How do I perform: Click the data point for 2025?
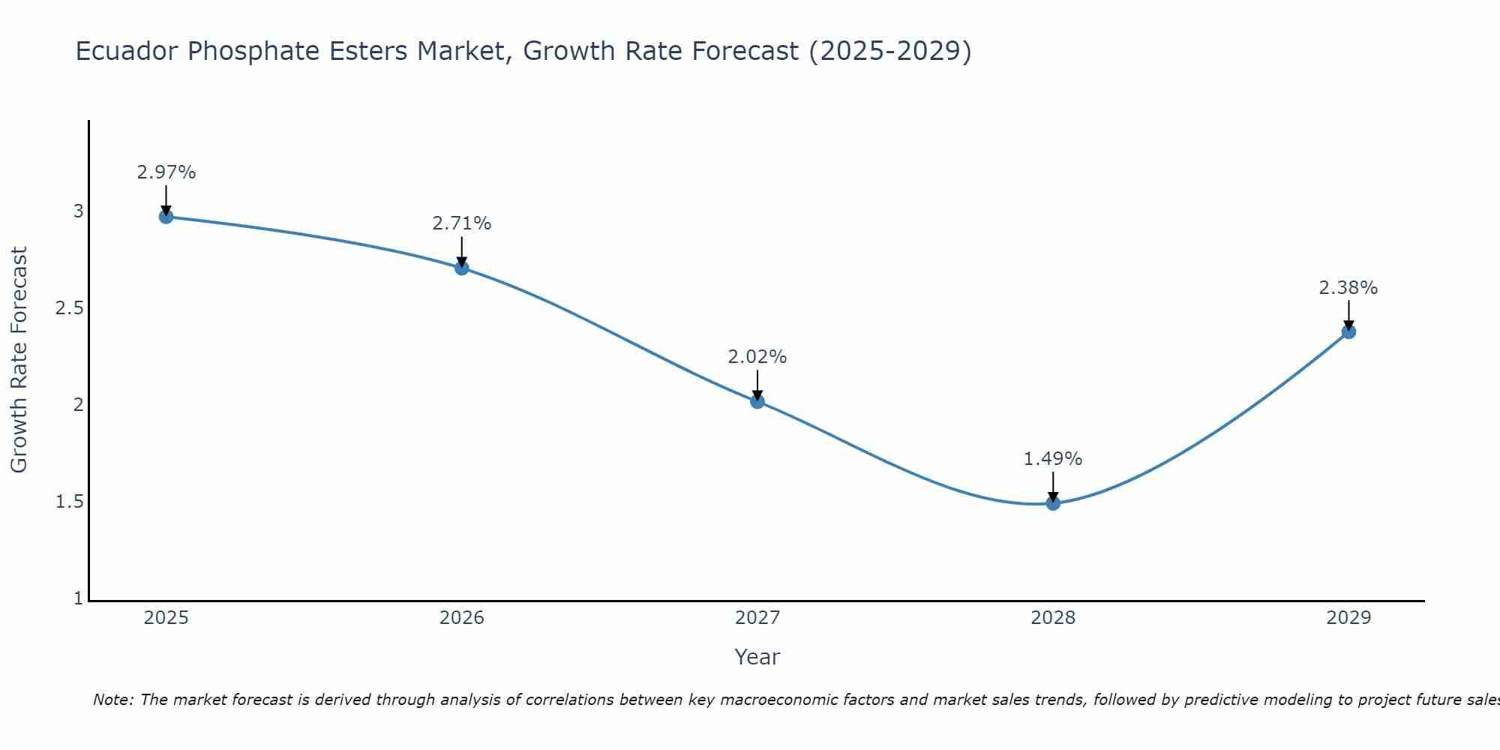click(166, 217)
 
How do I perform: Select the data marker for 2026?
click(462, 268)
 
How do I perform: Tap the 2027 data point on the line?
click(757, 401)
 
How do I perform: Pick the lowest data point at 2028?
click(1053, 503)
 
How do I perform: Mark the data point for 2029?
click(1348, 331)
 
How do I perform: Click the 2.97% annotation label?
click(166, 172)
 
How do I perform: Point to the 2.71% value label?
click(462, 223)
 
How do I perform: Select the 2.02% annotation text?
click(757, 357)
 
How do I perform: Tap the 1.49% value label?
click(1053, 459)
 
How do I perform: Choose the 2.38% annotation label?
click(1348, 288)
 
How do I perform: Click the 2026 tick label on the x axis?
click(462, 618)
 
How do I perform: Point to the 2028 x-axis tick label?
click(1053, 618)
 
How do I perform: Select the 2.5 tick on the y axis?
click(69, 308)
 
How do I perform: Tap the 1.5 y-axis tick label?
click(69, 502)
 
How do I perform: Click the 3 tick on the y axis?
click(78, 211)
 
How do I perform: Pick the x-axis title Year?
click(757, 657)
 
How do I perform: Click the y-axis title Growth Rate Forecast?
click(19, 360)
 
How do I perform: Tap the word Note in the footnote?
click(112, 700)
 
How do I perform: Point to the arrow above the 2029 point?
click(1348, 315)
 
